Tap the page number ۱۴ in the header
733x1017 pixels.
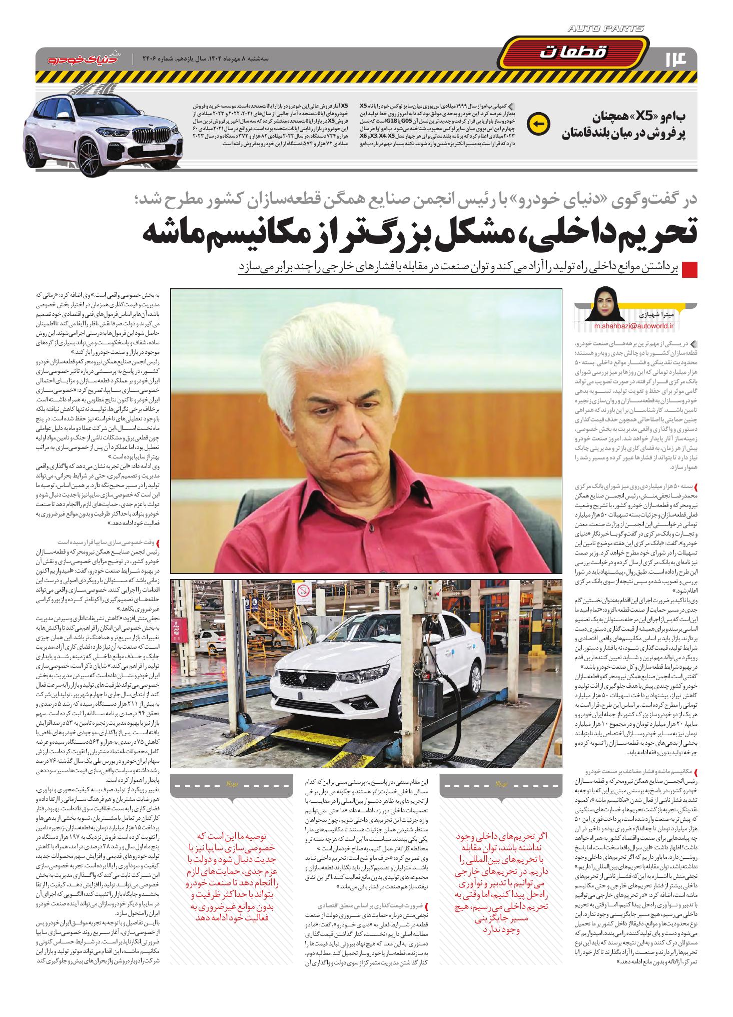tap(678, 58)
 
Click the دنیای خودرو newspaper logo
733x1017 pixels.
tap(83, 59)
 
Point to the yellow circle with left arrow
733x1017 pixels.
tap(539, 123)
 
